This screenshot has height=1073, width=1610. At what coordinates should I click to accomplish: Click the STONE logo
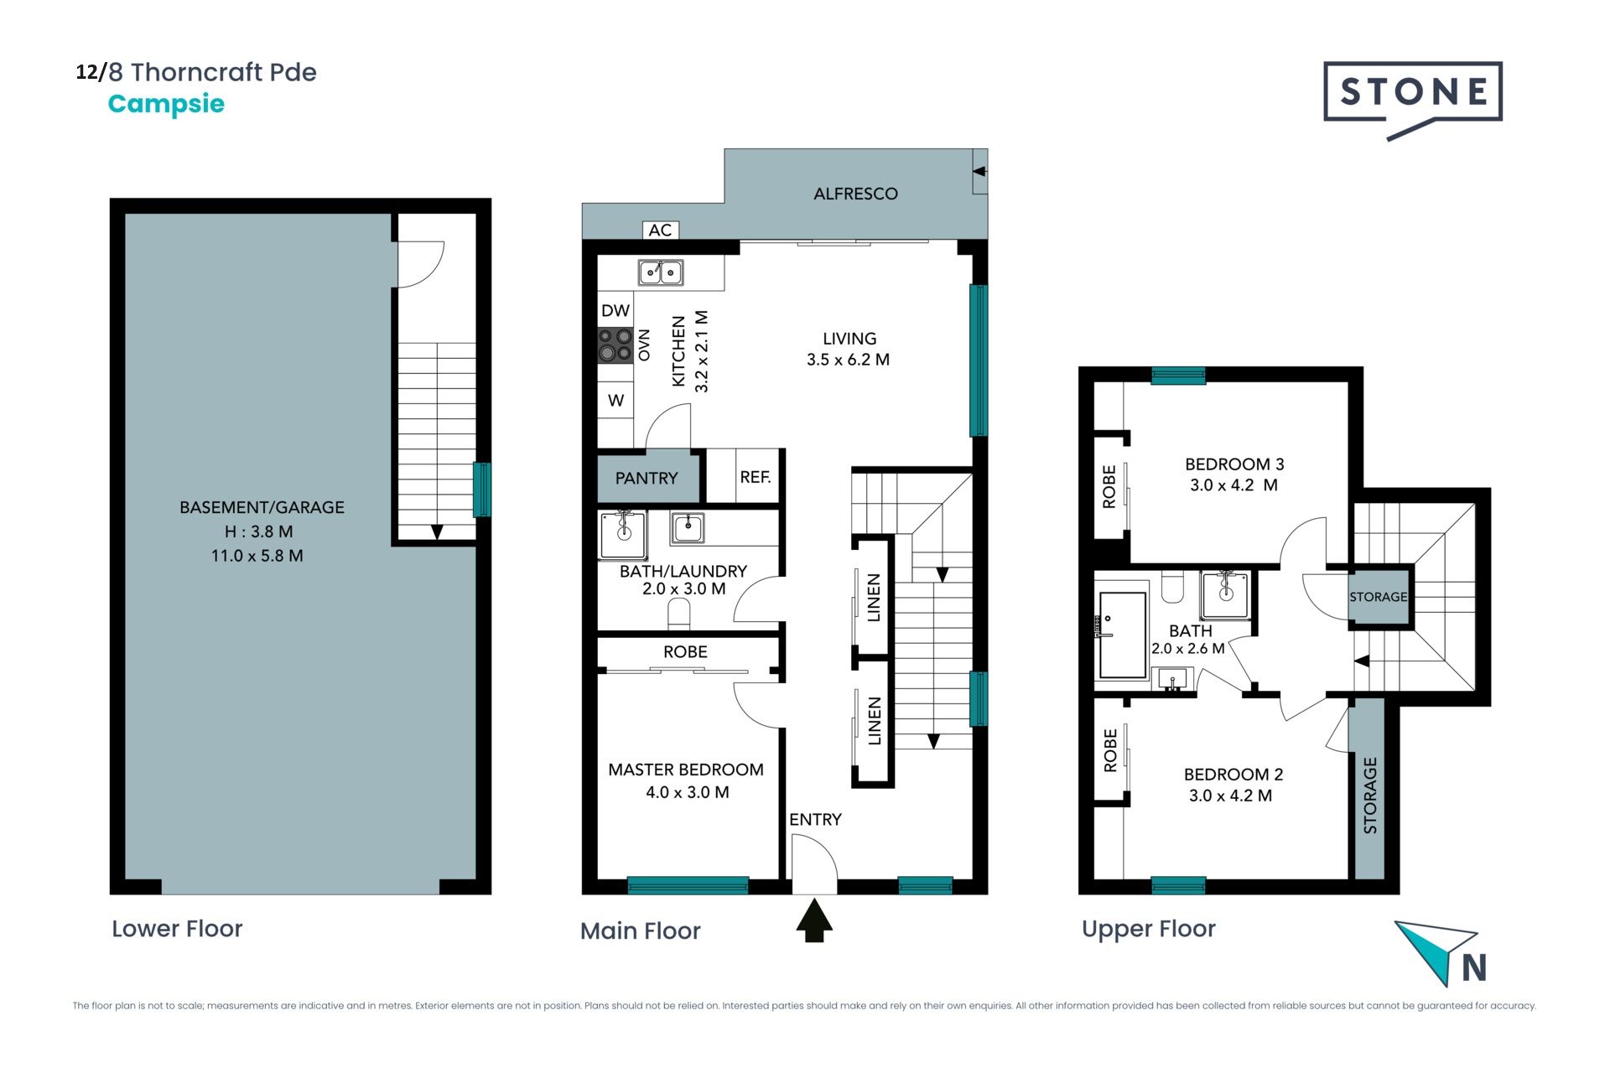pyautogui.click(x=1413, y=99)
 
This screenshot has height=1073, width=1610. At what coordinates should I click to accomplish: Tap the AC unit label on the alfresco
pyautogui.click(x=660, y=230)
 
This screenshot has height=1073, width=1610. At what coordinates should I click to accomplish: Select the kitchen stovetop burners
pyautogui.click(x=615, y=345)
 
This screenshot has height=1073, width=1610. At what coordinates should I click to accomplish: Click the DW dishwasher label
pyautogui.click(x=615, y=310)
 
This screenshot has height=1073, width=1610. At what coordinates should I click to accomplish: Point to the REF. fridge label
pyautogui.click(x=756, y=477)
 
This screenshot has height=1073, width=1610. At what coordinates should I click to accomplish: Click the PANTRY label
pyautogui.click(x=647, y=478)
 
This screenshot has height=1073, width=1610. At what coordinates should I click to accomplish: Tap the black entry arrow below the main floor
pyautogui.click(x=814, y=920)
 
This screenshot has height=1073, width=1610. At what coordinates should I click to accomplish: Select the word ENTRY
pyautogui.click(x=815, y=819)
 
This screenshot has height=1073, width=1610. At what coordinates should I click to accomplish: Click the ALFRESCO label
pyautogui.click(x=855, y=194)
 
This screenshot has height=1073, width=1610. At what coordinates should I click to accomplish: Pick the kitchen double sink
pyautogui.click(x=661, y=272)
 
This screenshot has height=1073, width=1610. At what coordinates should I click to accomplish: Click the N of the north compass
pyautogui.click(x=1474, y=967)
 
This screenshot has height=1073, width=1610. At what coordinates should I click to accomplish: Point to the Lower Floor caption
pyautogui.click(x=177, y=929)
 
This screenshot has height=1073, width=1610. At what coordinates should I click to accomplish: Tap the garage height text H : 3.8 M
pyautogui.click(x=258, y=531)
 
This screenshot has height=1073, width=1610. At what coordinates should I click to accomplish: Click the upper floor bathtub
pyautogui.click(x=1123, y=635)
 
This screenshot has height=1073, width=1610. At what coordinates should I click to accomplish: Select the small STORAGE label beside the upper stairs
pyautogui.click(x=1379, y=597)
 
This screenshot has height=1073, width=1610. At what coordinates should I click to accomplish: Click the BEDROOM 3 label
pyautogui.click(x=1234, y=464)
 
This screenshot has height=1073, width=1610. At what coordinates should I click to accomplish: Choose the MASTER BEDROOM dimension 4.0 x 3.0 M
pyautogui.click(x=688, y=792)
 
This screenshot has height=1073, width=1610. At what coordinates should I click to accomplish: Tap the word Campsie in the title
pyautogui.click(x=166, y=104)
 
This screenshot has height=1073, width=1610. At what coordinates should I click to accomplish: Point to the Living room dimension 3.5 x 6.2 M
pyautogui.click(x=848, y=360)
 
